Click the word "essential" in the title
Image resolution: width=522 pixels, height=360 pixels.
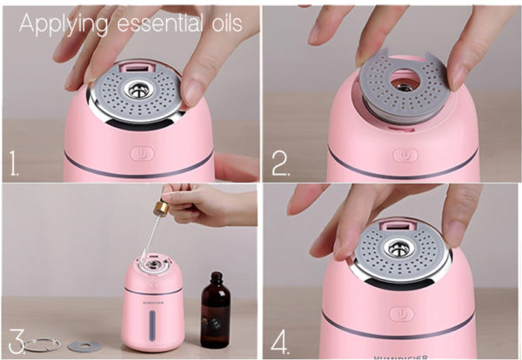tap(160, 23)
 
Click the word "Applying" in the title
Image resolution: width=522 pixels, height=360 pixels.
tap(64, 25)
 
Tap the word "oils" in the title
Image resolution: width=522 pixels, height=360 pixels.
tap(227, 23)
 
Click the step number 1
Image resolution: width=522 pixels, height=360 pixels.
tap(14, 163)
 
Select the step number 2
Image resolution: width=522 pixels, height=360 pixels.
tap(281, 163)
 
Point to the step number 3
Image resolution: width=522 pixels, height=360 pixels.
tap(17, 342)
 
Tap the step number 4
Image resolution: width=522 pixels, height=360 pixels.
tap(280, 342)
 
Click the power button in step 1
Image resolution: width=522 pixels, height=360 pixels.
tap(143, 154)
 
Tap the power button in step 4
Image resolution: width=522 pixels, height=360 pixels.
tap(402, 314)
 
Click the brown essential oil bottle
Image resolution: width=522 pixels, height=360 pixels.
tap(216, 310)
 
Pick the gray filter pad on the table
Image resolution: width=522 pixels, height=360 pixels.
tap(85, 346)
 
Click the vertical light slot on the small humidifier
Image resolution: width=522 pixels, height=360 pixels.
tap(152, 325)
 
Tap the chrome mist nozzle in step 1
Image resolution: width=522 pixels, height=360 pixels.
tap(139, 90)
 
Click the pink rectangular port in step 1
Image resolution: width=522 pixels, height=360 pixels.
tap(137, 69)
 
